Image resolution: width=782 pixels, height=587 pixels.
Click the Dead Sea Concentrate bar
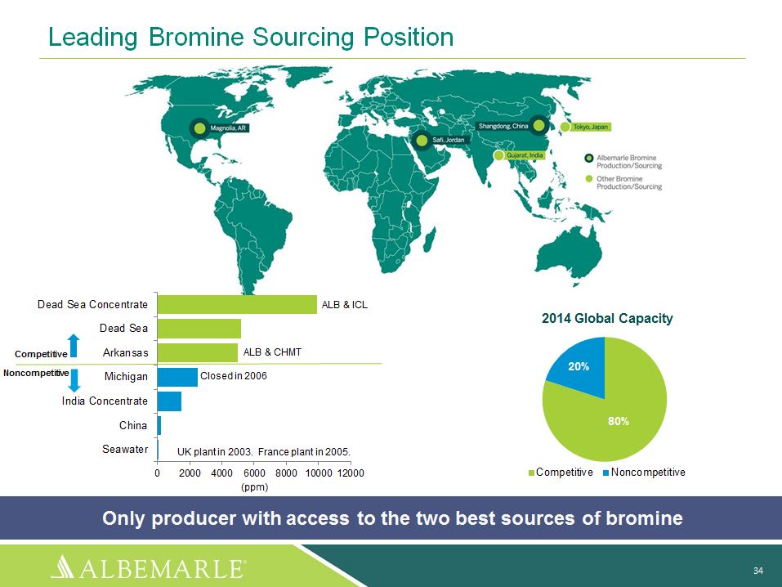pyautogui.click(x=237, y=304)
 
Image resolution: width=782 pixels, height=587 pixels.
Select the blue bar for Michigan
pyautogui.click(x=177, y=377)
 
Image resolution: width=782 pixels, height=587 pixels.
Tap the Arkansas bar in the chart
pyautogui.click(x=198, y=352)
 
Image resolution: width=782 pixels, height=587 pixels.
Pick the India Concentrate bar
pyautogui.click(x=170, y=401)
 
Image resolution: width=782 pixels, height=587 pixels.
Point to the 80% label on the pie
pyautogui.click(x=619, y=421)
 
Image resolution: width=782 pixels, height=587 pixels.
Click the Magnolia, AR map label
pyautogui.click(x=228, y=128)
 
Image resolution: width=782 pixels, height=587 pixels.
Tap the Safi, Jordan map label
pyautogui.click(x=449, y=140)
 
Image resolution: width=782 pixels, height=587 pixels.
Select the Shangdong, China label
pyautogui.click(x=503, y=126)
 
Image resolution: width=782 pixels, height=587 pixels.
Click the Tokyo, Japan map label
pyautogui.click(x=591, y=127)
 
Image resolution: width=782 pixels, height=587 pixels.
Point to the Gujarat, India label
pyautogui.click(x=525, y=155)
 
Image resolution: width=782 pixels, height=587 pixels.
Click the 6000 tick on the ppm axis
pyautogui.click(x=254, y=473)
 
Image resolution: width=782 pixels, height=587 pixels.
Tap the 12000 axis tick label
pyautogui.click(x=351, y=473)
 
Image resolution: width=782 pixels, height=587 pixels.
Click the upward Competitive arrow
pyautogui.click(x=74, y=345)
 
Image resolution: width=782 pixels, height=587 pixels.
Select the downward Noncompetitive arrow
pyautogui.click(x=74, y=380)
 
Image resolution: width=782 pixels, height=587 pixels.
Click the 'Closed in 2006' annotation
pyautogui.click(x=234, y=376)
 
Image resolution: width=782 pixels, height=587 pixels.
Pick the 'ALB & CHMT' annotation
pyautogui.click(x=272, y=352)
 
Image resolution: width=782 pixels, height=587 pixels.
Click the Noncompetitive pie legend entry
pyautogui.click(x=644, y=473)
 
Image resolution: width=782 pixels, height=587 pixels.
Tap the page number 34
pyautogui.click(x=758, y=571)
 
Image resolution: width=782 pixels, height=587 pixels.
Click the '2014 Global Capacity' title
pyautogui.click(x=607, y=319)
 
